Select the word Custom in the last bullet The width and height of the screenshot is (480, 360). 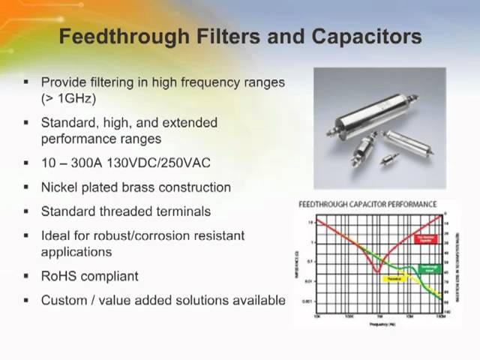[62, 300]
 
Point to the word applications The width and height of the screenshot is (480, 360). [76, 252]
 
